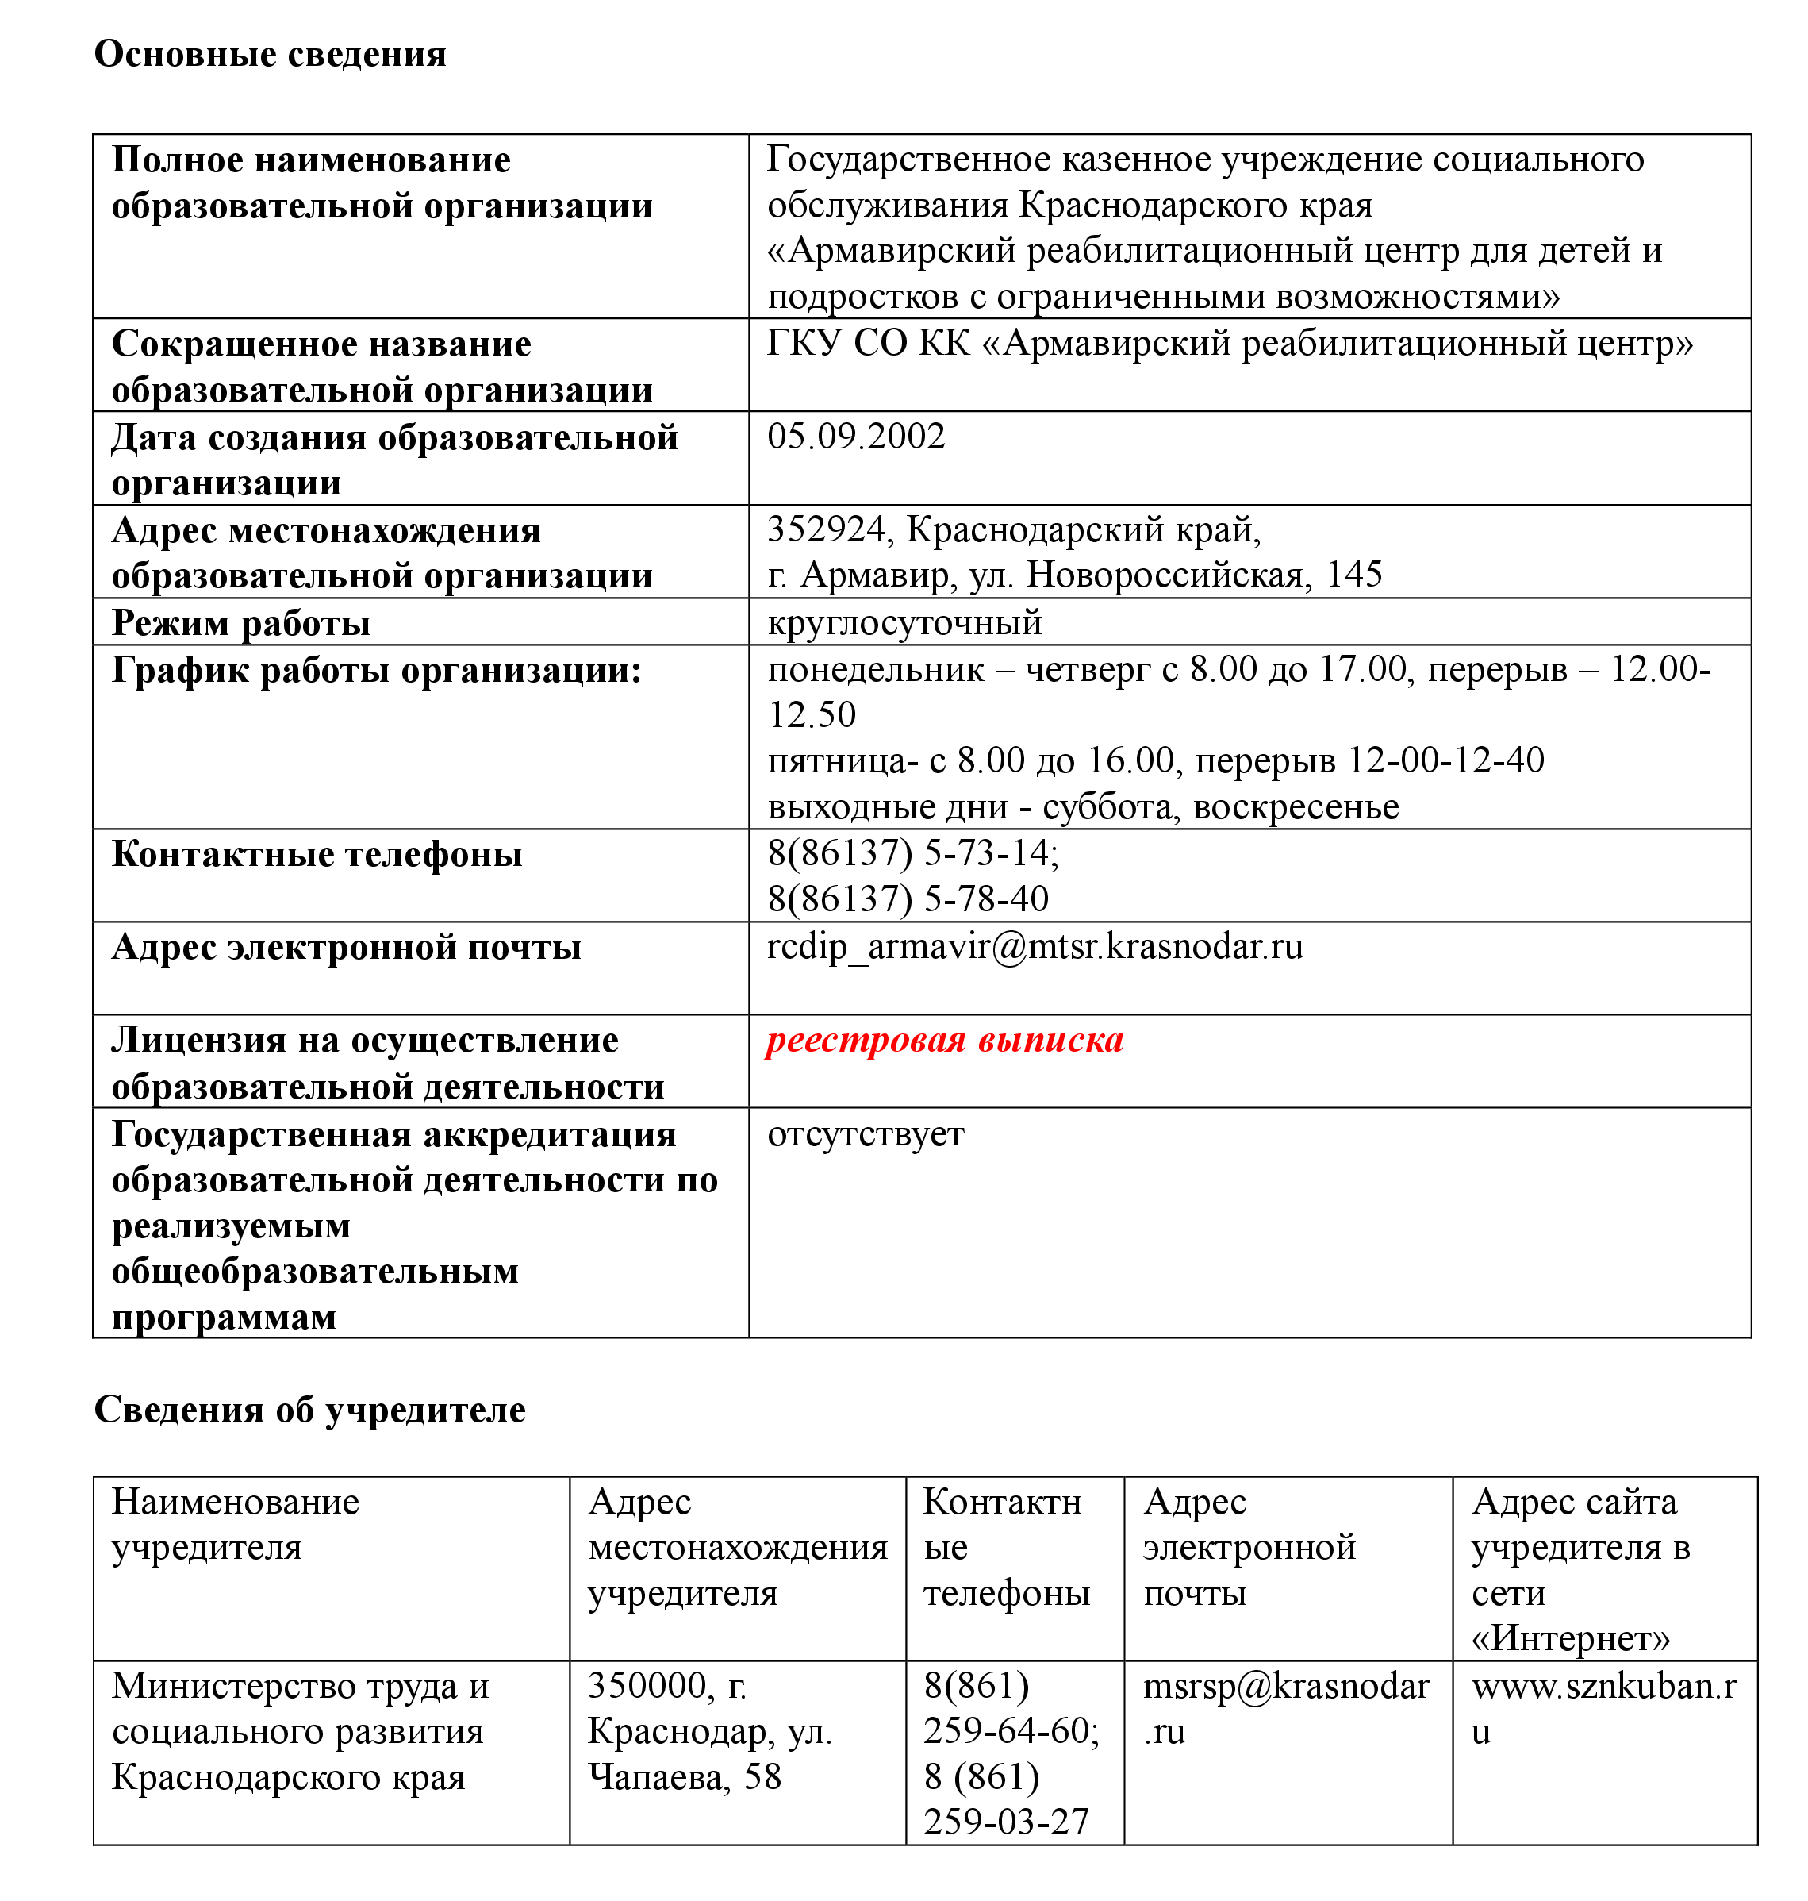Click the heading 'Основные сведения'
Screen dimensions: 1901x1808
[x=270, y=54]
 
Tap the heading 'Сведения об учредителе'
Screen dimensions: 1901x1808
[x=309, y=1410]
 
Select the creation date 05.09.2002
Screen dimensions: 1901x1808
[x=856, y=436]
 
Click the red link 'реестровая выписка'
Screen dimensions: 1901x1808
[x=945, y=1040]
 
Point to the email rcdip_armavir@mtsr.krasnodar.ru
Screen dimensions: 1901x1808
[x=1035, y=947]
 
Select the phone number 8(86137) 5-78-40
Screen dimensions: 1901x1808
[x=908, y=899]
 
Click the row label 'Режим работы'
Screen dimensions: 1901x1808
[x=241, y=623]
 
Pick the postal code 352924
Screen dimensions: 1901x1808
[x=825, y=529]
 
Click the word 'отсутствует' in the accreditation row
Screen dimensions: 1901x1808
[x=866, y=1133]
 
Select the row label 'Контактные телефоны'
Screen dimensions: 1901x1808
[x=317, y=854]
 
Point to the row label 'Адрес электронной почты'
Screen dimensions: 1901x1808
[x=346, y=948]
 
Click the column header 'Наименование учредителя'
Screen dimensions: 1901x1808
[x=235, y=1524]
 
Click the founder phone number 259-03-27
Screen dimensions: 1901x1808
[x=1006, y=1822]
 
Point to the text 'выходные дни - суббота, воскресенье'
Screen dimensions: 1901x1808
[x=1083, y=807]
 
